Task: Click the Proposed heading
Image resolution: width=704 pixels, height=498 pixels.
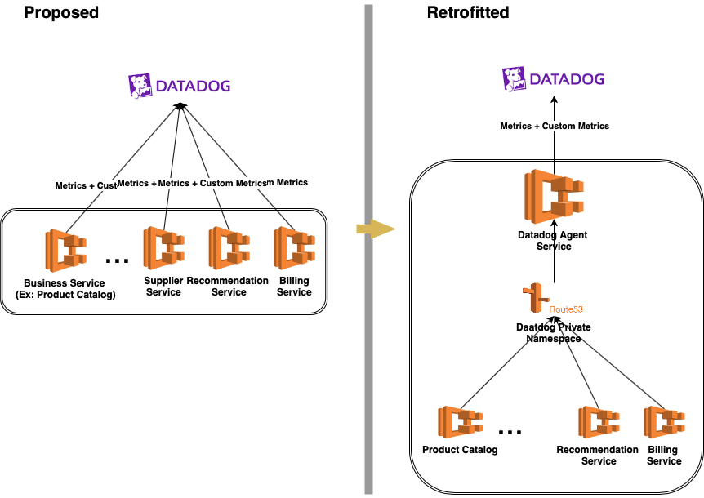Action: (61, 13)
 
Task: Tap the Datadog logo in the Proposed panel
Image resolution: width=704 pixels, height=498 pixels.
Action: (179, 85)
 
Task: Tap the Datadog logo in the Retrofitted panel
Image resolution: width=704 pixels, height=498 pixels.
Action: (553, 79)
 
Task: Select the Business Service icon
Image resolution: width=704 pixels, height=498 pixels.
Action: (65, 250)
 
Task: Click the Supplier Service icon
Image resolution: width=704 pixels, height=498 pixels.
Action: (163, 249)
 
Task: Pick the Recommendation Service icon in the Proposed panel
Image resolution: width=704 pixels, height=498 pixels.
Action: (229, 249)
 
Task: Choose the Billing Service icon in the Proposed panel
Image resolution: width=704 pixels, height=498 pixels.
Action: (294, 249)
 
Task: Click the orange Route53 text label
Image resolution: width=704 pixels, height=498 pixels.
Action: (565, 310)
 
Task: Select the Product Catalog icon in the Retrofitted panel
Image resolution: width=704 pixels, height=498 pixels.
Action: (460, 423)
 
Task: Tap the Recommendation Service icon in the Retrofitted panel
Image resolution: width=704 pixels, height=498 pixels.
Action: (599, 423)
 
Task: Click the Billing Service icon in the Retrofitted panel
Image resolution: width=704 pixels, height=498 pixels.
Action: (663, 423)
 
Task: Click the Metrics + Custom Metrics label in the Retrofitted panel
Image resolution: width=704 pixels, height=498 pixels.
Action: (555, 126)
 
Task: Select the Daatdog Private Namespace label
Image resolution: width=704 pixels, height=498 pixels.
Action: (554, 332)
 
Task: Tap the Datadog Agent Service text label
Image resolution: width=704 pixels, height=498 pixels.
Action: (553, 241)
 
